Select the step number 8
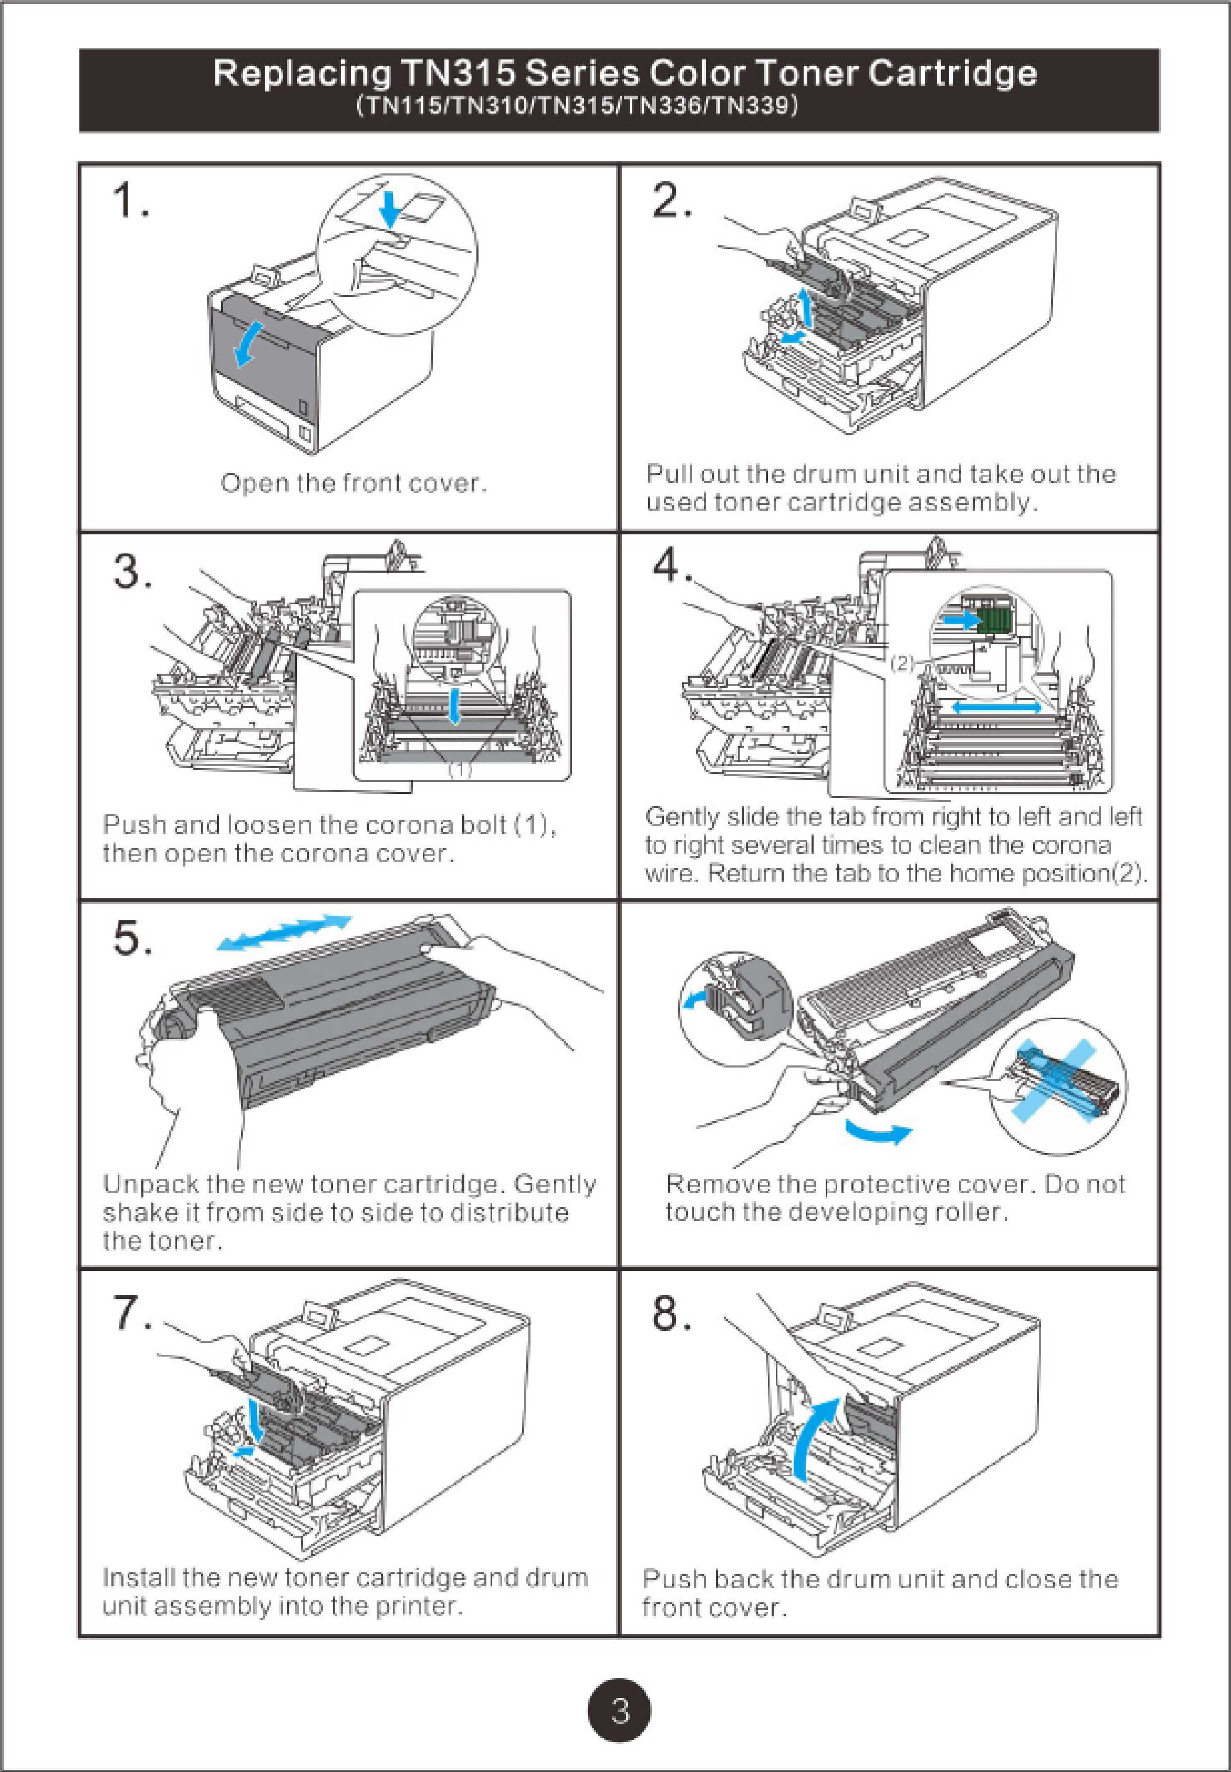click(x=671, y=1312)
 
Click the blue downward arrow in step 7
click(x=257, y=1419)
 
